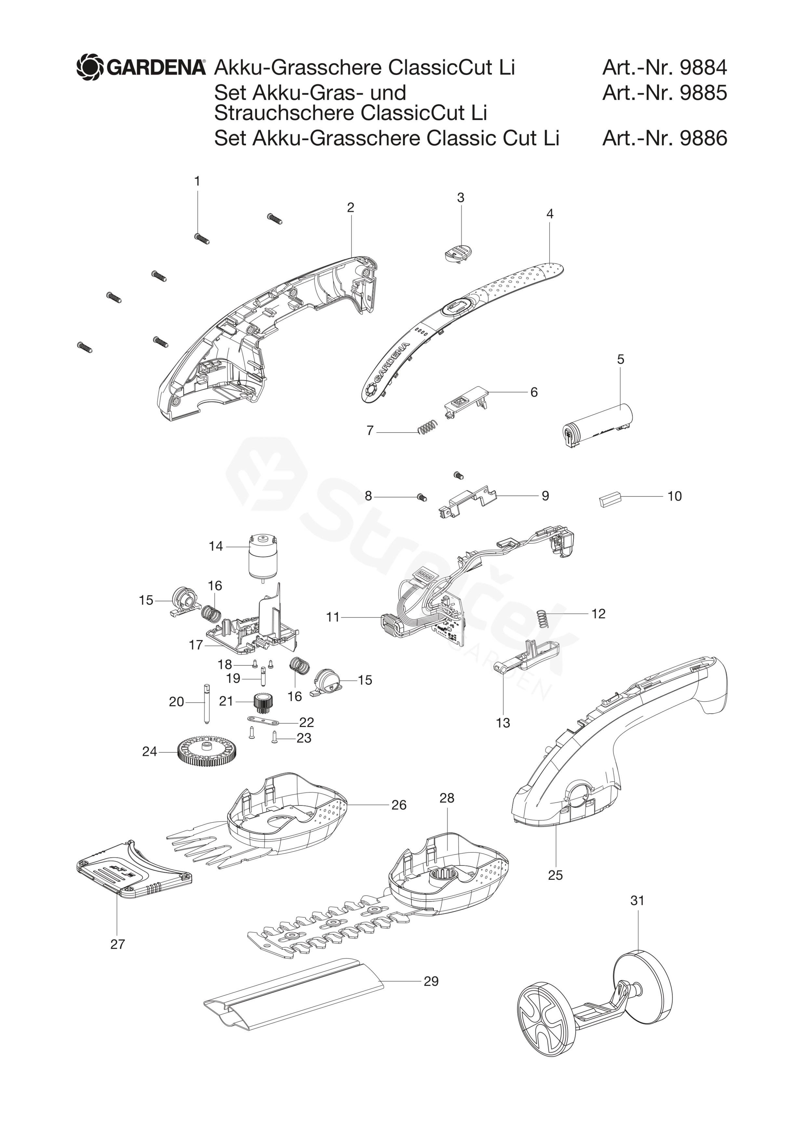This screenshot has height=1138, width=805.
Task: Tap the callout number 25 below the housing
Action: click(555, 875)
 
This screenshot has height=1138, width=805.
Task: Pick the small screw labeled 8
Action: click(422, 496)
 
